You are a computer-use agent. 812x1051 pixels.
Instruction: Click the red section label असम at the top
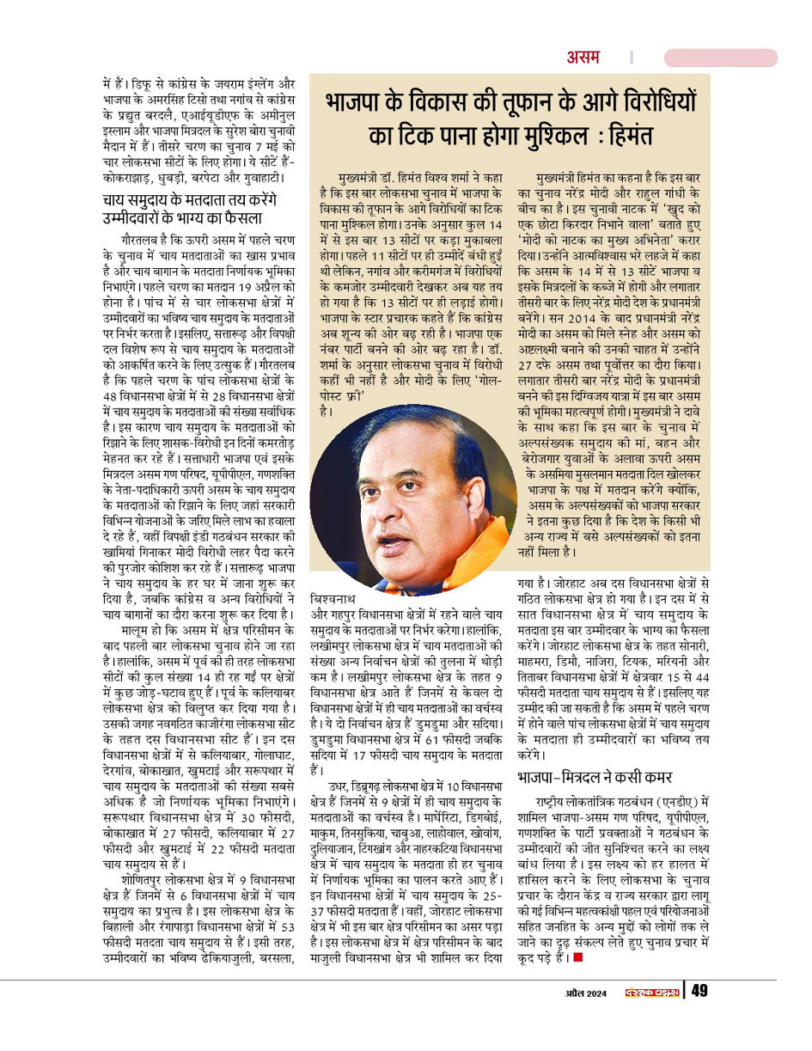tap(583, 58)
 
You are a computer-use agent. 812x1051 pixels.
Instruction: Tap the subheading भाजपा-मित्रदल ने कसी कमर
tap(595, 777)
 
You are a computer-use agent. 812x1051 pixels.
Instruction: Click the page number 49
tap(700, 991)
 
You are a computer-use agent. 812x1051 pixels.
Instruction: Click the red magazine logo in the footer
tap(652, 992)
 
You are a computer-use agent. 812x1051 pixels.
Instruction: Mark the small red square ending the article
tap(577, 956)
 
